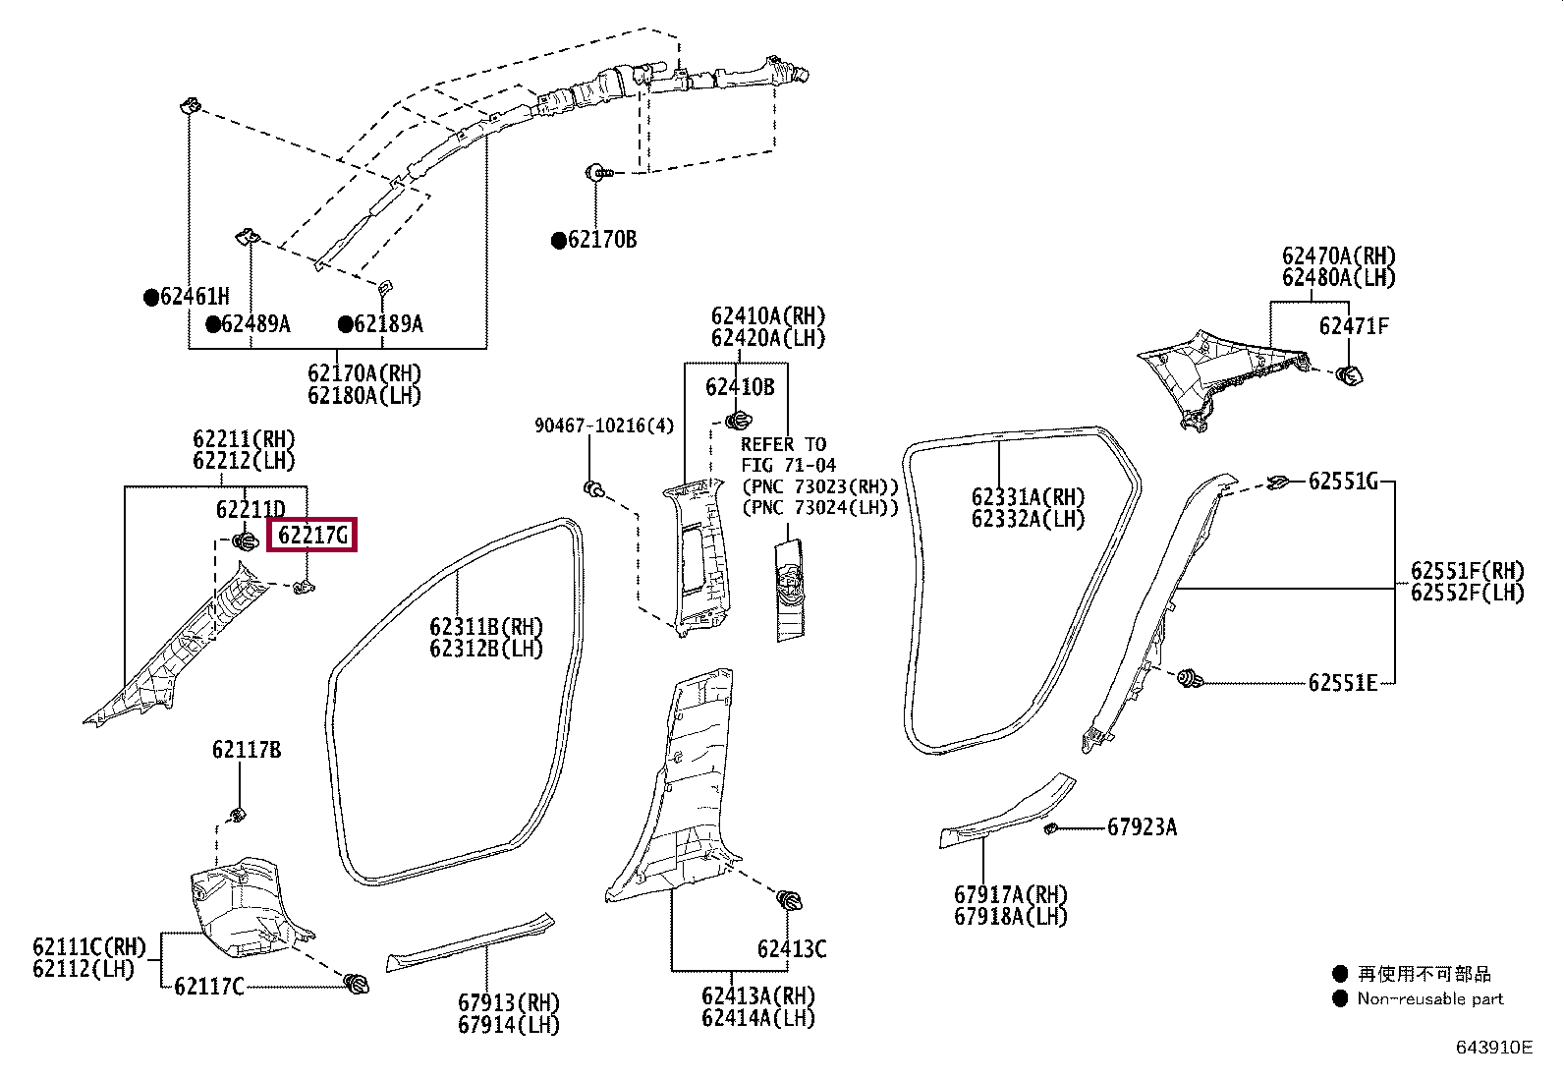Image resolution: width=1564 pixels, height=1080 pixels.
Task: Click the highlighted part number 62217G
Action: [312, 536]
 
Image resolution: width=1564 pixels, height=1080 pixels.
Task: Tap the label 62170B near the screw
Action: [601, 240]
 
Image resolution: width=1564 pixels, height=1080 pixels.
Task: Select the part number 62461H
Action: [195, 296]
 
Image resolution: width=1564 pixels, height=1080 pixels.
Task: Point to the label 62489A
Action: [255, 324]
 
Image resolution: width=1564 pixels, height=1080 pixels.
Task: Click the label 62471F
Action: [1354, 326]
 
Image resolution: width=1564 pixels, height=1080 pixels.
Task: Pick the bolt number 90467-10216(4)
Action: [604, 426]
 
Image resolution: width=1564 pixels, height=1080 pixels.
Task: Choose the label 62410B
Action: [740, 387]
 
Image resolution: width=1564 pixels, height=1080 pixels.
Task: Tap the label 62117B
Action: [247, 751]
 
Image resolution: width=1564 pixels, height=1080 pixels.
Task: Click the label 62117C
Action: [208, 986]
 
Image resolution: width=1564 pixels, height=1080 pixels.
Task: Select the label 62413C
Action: [792, 949]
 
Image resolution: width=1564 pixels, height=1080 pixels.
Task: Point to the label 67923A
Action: [1142, 827]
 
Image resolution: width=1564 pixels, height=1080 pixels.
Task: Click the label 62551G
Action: [1343, 481]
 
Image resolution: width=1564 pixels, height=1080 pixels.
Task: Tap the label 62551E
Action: [1343, 682]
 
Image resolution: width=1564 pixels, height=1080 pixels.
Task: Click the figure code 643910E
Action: [1493, 1047]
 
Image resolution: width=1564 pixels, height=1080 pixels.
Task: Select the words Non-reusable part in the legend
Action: [1430, 998]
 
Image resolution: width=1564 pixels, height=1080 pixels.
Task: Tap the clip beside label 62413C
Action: [790, 900]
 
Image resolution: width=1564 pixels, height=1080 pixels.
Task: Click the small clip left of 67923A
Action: [1050, 828]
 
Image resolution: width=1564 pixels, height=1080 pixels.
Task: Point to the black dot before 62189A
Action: [346, 324]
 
